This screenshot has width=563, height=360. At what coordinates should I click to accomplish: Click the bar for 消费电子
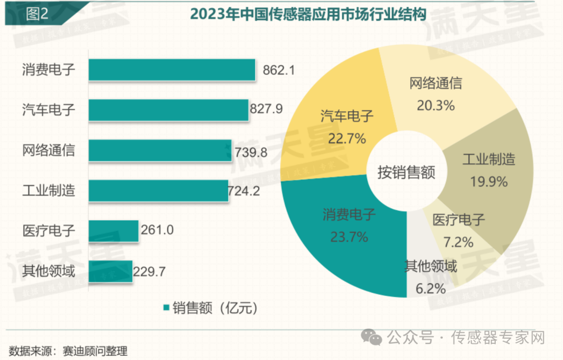click(172, 69)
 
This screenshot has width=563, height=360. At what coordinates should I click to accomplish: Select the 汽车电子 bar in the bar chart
click(168, 110)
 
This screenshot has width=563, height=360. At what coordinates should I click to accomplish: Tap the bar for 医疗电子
click(113, 230)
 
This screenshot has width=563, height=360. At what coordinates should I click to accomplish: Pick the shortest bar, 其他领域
click(110, 271)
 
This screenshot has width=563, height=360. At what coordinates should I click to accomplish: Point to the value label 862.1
click(278, 69)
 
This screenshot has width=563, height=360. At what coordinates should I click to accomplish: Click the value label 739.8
click(250, 151)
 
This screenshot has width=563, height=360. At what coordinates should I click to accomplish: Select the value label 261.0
click(156, 230)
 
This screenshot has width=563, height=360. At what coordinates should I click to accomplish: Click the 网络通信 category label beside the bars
click(48, 150)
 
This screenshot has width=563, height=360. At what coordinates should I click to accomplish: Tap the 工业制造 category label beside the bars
click(48, 190)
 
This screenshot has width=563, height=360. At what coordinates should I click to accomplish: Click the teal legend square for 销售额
click(166, 308)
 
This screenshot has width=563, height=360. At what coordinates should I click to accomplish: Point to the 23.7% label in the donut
click(349, 237)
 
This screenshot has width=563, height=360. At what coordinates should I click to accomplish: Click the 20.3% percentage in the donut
click(435, 105)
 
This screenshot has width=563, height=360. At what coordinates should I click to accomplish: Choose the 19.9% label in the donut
click(488, 182)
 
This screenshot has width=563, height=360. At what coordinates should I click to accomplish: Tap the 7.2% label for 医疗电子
click(459, 242)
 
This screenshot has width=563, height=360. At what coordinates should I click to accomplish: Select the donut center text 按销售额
click(407, 172)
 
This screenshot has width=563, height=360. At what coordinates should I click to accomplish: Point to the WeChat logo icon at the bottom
click(375, 338)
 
